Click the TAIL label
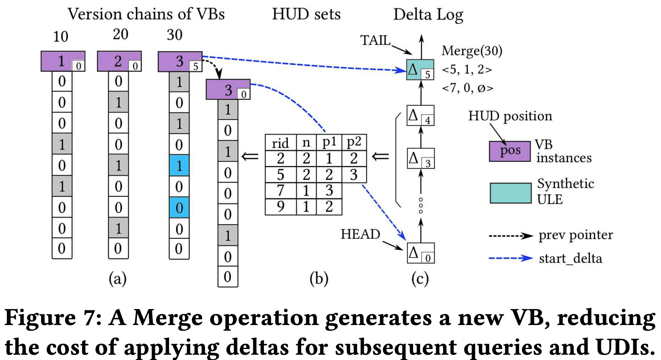[x=375, y=40]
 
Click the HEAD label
[x=360, y=234]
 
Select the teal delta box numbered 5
[x=420, y=70]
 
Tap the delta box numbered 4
[x=420, y=116]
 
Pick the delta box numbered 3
[x=420, y=159]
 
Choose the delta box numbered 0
[x=420, y=253]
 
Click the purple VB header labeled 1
[x=63, y=61]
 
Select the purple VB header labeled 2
[x=119, y=61]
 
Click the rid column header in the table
[x=280, y=143]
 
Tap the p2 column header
[x=354, y=142]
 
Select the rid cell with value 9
[x=280, y=207]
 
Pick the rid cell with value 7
[x=280, y=191]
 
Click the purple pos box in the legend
[x=510, y=151]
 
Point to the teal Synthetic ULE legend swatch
[x=510, y=193]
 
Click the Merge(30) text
[x=472, y=51]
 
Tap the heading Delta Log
[x=428, y=15]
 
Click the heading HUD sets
[x=306, y=14]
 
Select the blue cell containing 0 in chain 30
[x=179, y=208]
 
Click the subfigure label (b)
[x=319, y=279]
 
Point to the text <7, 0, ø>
[x=467, y=88]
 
